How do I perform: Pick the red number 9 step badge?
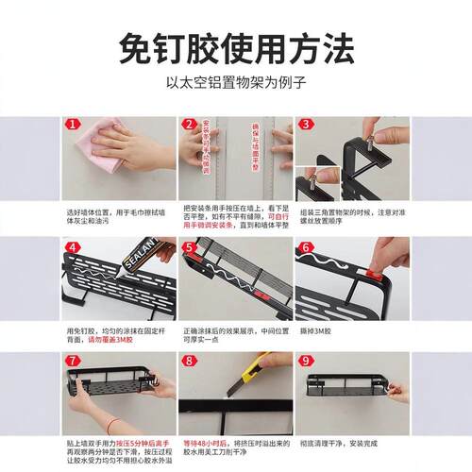pyautogui.click(x=305, y=361)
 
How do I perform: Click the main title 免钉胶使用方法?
pyautogui.click(x=235, y=45)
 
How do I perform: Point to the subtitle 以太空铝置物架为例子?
pyautogui.click(x=235, y=82)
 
